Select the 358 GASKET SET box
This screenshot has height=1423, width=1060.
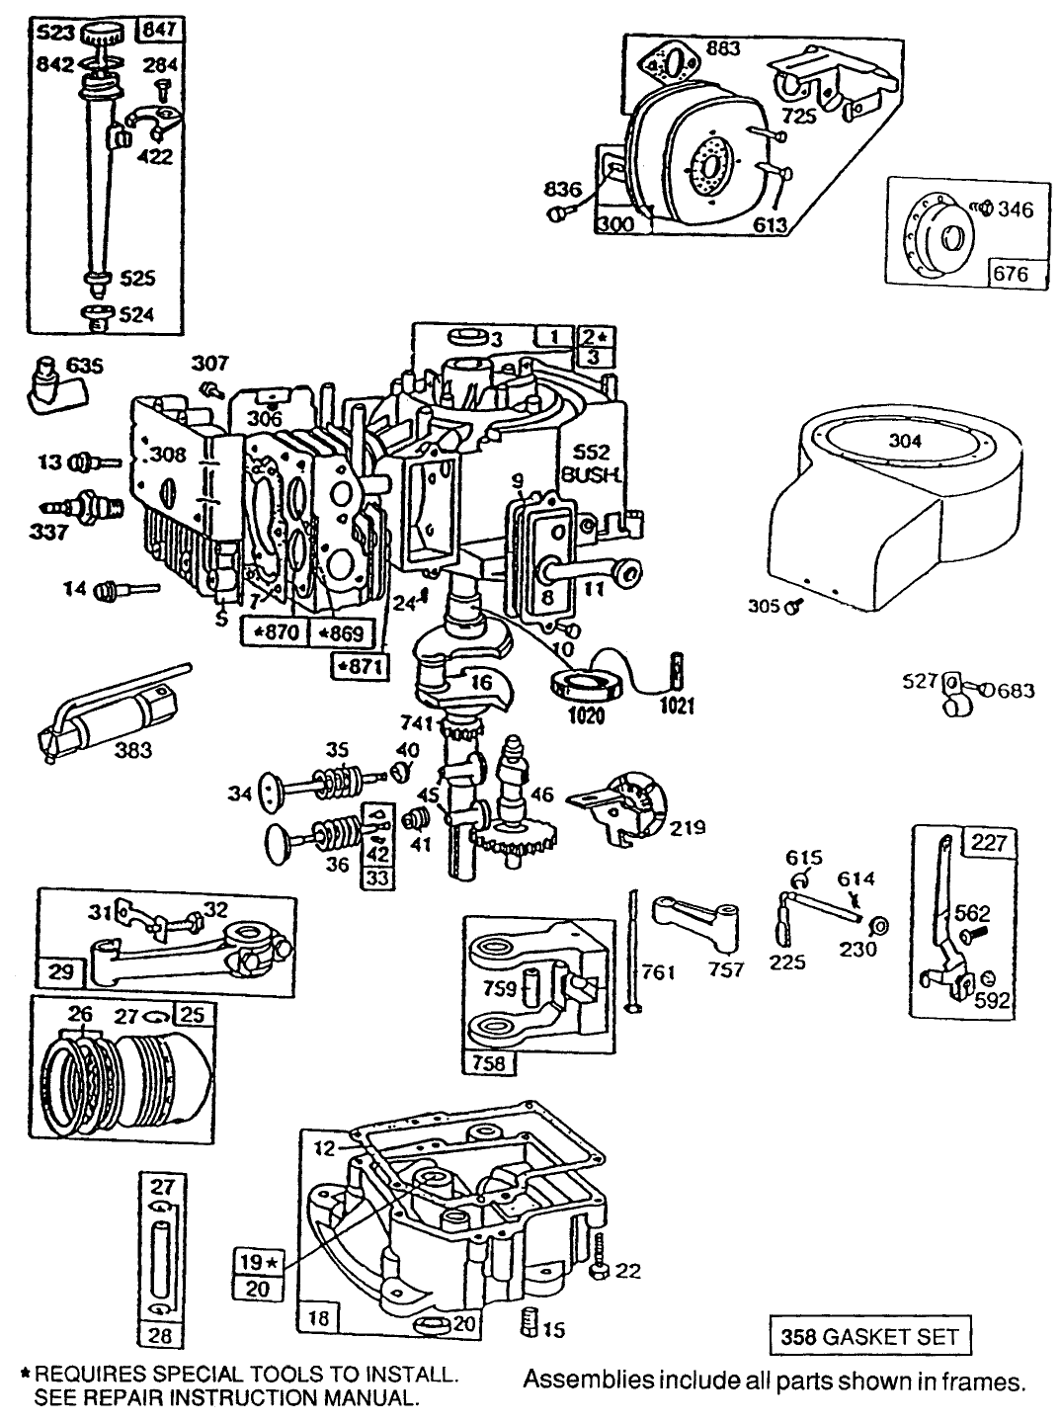click(x=869, y=1336)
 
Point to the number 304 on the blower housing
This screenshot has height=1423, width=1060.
click(x=905, y=442)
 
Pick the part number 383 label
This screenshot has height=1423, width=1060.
click(x=133, y=750)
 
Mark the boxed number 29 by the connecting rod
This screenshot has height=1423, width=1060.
click(x=60, y=972)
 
